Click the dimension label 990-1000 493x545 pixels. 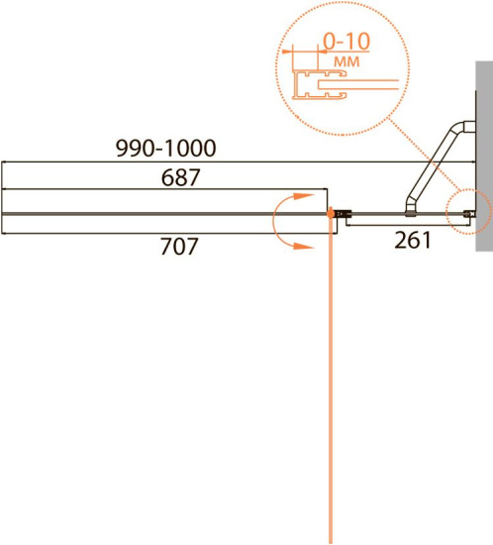click(165, 148)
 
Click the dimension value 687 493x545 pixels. click(180, 177)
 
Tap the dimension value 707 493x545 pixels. click(179, 246)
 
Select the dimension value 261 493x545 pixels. click(413, 240)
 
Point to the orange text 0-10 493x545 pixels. click(346, 42)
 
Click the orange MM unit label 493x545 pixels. click(346, 61)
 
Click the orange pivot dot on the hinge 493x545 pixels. click(331, 214)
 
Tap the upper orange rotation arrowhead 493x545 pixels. click(304, 196)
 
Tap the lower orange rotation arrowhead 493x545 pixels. click(304, 246)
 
